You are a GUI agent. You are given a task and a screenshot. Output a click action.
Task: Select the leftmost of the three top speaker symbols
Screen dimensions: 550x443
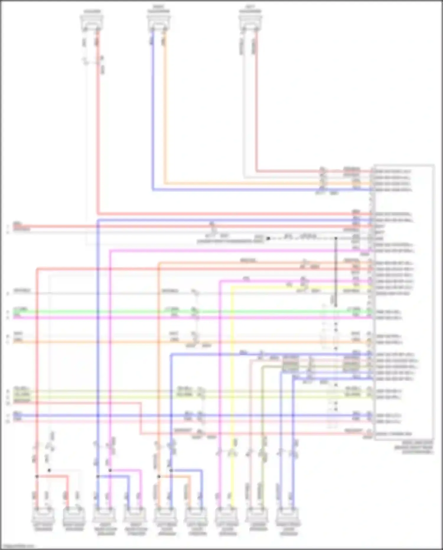point(92,22)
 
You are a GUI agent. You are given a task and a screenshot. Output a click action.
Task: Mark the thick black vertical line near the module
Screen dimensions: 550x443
point(336,272)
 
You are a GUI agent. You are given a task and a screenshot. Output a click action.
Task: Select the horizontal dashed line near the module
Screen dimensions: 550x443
point(301,238)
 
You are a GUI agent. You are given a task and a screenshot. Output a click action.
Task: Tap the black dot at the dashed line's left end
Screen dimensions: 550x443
point(268,238)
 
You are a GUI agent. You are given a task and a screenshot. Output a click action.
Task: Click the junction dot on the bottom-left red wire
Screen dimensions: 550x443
point(37,476)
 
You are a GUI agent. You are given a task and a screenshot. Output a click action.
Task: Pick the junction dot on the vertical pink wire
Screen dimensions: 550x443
point(110,470)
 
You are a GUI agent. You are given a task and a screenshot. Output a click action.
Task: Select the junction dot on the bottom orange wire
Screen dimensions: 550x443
point(159,476)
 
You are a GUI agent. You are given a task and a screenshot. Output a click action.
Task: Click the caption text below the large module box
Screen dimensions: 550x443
point(413,447)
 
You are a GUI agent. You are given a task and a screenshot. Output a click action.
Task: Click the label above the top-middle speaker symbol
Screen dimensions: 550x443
point(159,9)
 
